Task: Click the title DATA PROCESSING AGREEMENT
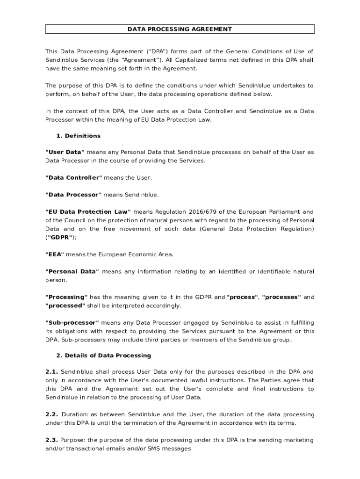pyautogui.click(x=180, y=29)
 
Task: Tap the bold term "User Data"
pyautogui.click(x=65, y=152)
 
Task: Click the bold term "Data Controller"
pyautogui.click(x=73, y=177)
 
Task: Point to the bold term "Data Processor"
pyautogui.click(x=73, y=194)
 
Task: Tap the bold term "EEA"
pyautogui.click(x=55, y=254)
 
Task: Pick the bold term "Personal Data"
pyautogui.click(x=72, y=271)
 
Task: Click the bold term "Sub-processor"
pyautogui.click(x=72, y=322)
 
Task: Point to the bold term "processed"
pyautogui.click(x=65, y=305)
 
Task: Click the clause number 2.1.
pyautogui.click(x=51, y=371)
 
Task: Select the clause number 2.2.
pyautogui.click(x=51, y=414)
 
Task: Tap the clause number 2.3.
pyautogui.click(x=51, y=440)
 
